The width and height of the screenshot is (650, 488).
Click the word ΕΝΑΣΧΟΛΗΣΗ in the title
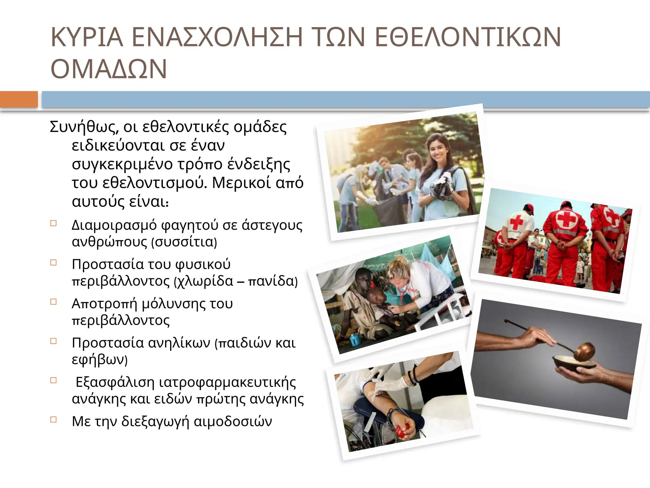[x=217, y=37]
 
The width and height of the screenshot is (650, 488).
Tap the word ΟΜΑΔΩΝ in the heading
[x=109, y=69]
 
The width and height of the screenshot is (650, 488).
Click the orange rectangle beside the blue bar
[x=19, y=99]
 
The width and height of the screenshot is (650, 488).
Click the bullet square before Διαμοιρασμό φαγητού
[x=54, y=223]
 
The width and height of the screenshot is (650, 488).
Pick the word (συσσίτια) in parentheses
[x=184, y=242]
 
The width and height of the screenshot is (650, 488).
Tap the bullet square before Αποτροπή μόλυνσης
[x=54, y=302]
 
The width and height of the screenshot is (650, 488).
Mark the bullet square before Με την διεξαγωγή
[x=54, y=420]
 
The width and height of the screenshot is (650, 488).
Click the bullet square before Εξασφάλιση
[x=54, y=380]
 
